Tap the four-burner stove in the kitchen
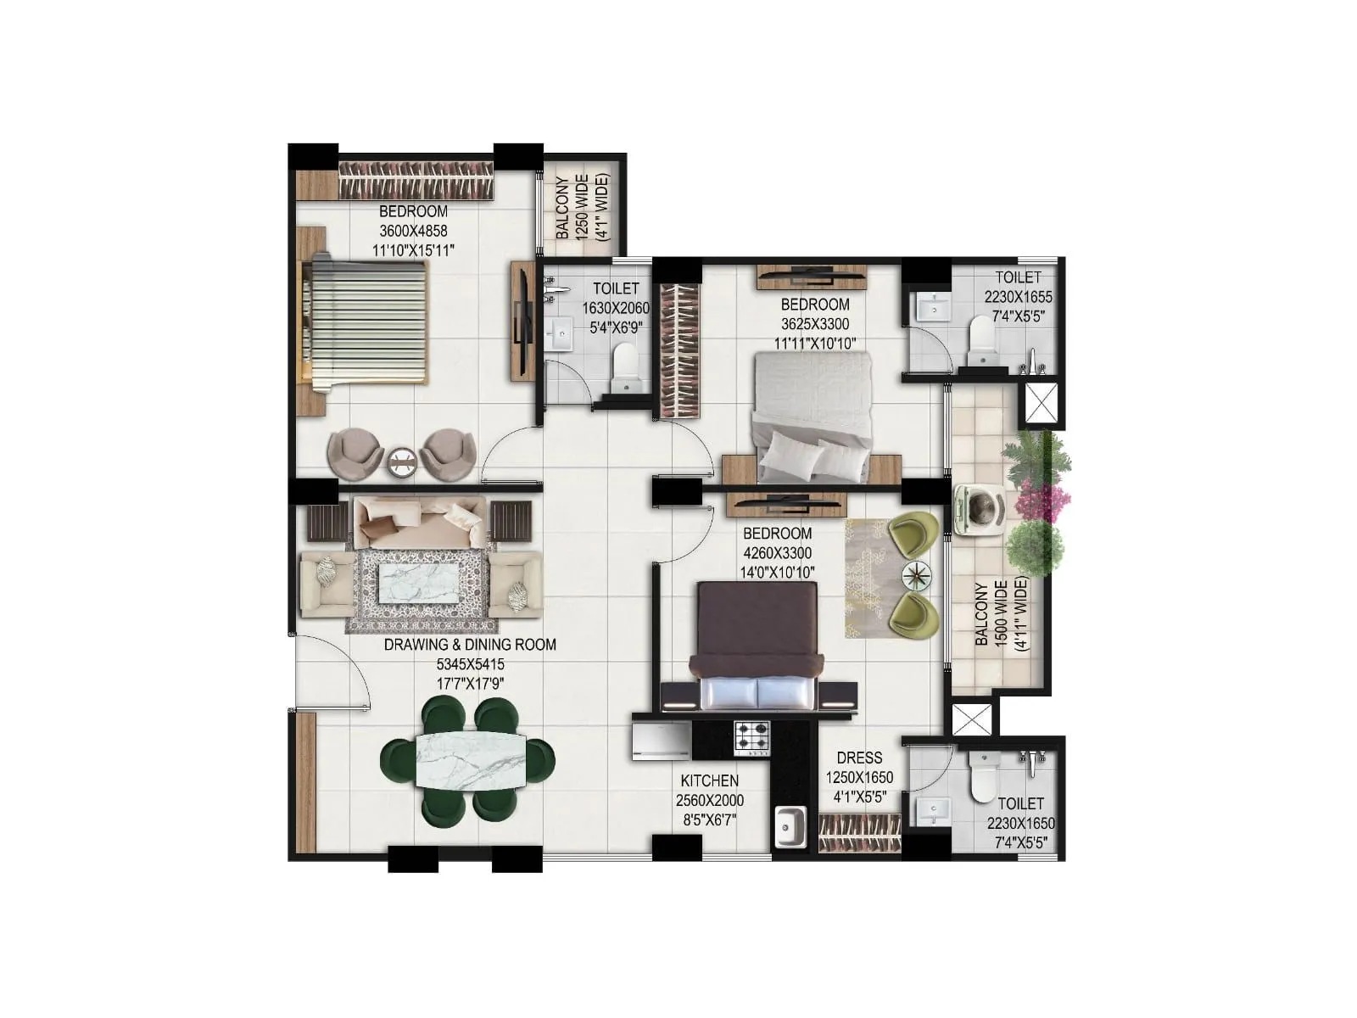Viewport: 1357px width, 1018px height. (751, 738)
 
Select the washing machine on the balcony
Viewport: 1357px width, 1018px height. (980, 510)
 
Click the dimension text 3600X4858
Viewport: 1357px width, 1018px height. (413, 231)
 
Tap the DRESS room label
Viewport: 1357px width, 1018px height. (859, 758)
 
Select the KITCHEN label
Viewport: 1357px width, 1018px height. (709, 780)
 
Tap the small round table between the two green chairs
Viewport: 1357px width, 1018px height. (916, 576)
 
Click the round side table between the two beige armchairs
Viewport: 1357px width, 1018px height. (402, 462)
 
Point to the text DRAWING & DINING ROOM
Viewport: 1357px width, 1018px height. (470, 645)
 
